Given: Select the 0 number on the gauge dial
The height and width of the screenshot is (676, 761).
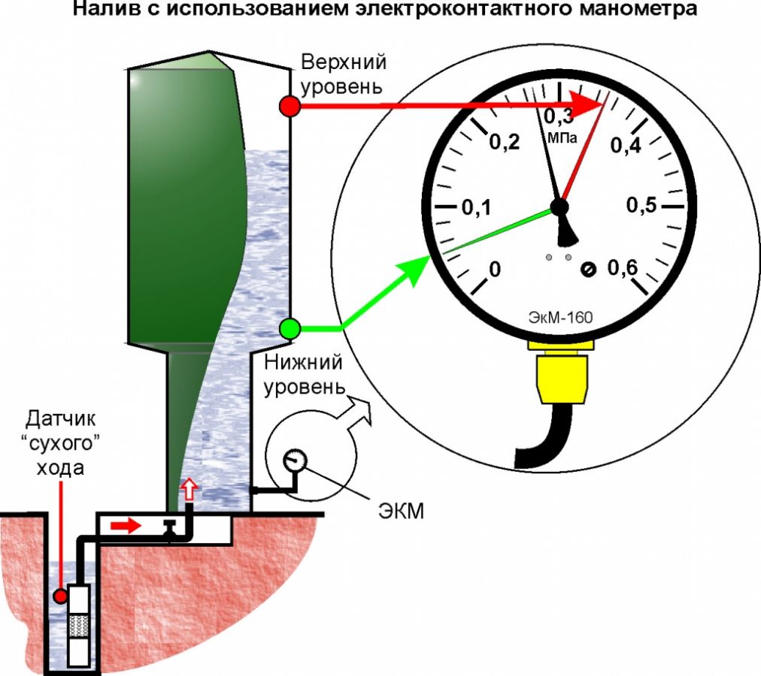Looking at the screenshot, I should pyautogui.click(x=494, y=268).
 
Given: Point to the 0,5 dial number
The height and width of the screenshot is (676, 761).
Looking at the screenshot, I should pyautogui.click(x=641, y=206).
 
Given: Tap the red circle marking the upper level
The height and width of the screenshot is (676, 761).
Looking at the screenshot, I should pyautogui.click(x=290, y=107).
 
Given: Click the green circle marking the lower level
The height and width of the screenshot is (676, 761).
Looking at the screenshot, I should pyautogui.click(x=290, y=328).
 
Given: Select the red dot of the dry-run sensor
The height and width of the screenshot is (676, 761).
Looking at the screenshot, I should pyautogui.click(x=59, y=596).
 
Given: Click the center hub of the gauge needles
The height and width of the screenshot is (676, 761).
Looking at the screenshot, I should pyautogui.click(x=559, y=206).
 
